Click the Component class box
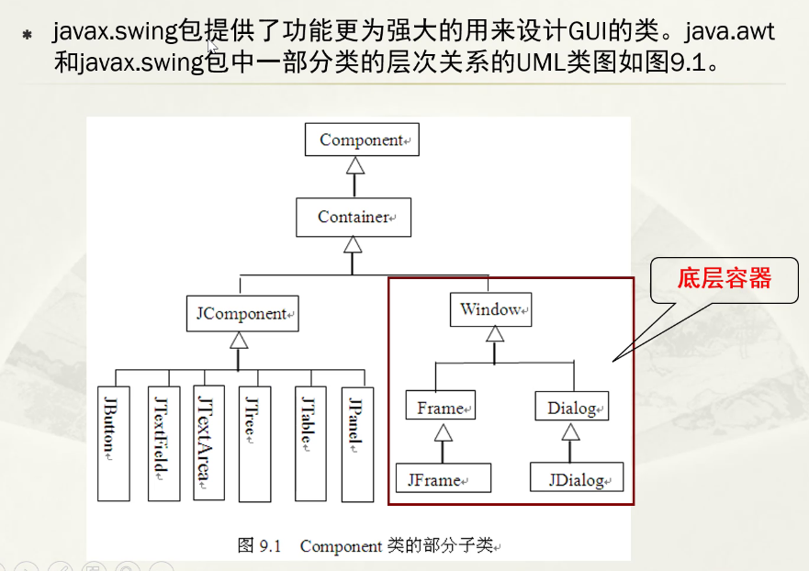point(362,140)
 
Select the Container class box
point(354,218)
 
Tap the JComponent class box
point(242,314)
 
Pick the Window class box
point(491,310)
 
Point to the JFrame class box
point(444,478)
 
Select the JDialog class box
point(577,478)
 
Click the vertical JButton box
point(114,442)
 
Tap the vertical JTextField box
point(163,442)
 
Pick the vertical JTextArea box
point(208,442)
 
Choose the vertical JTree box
point(254,442)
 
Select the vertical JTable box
point(310,442)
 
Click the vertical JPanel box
point(357,442)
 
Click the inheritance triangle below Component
point(354,165)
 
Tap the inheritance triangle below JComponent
point(239,339)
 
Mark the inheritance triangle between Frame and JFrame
point(444,432)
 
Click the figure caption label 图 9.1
point(258,545)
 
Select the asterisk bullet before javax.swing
point(27,35)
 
